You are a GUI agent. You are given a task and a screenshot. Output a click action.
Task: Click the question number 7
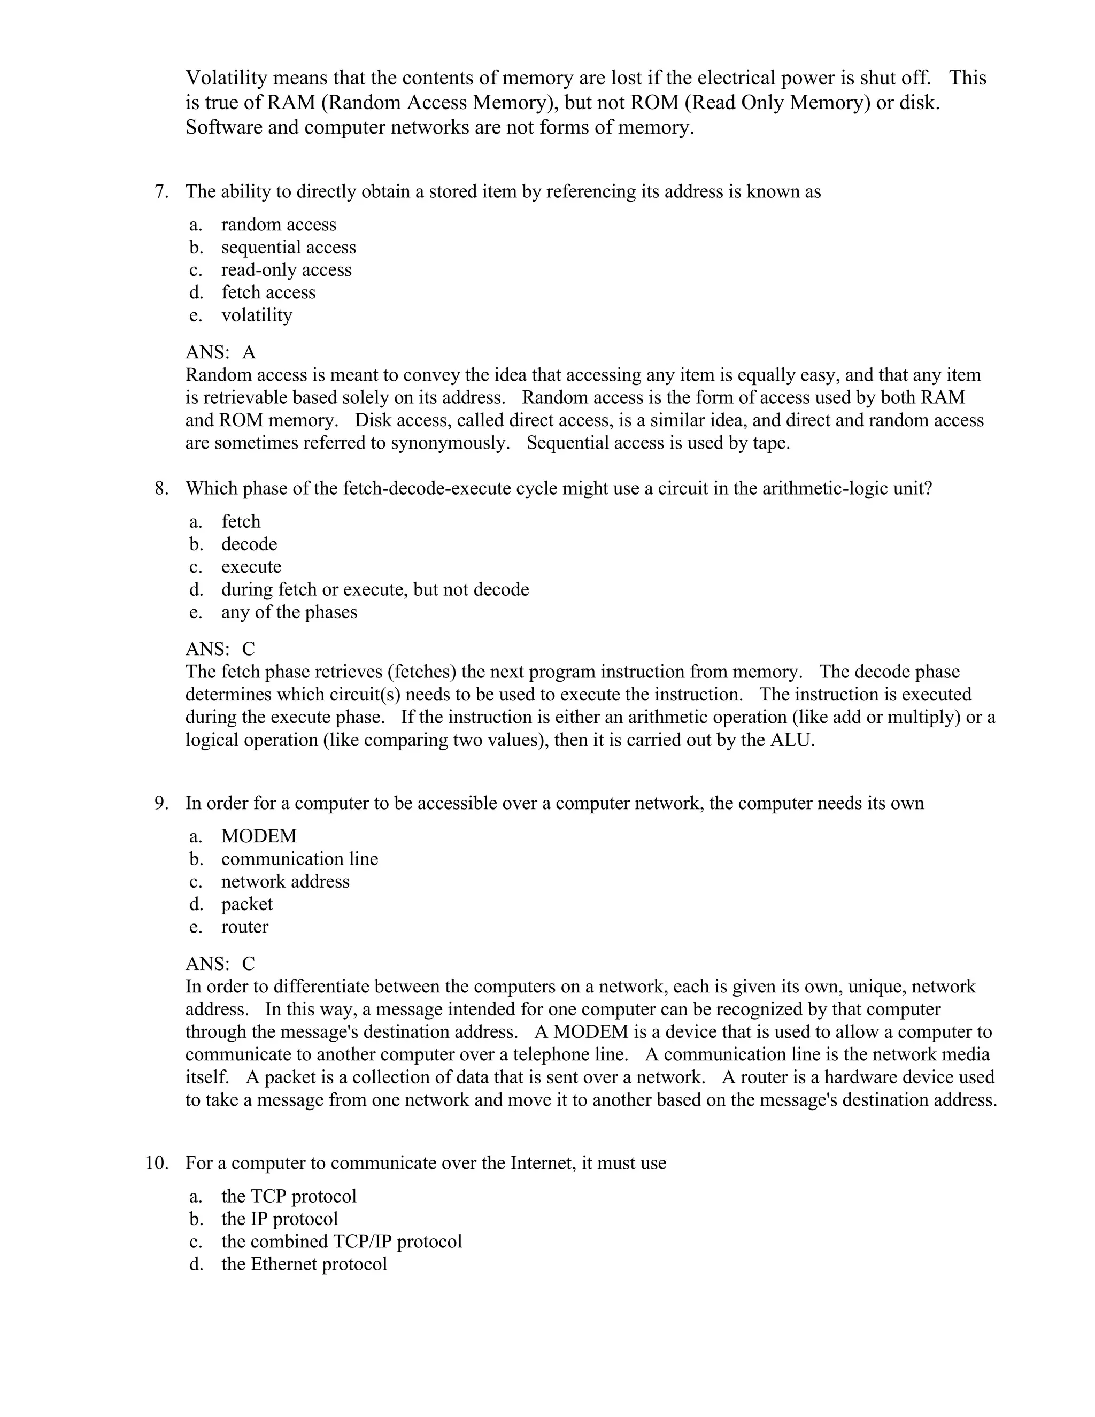[x=161, y=192]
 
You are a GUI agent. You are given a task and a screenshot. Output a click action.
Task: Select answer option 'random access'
[x=278, y=225]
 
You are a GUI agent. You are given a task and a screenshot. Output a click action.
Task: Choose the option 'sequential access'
[x=288, y=247]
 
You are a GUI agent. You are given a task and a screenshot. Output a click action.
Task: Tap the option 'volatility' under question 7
[x=256, y=315]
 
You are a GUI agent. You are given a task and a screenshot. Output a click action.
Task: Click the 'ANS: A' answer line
[x=221, y=352]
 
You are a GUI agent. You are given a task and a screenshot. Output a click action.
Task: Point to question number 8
[x=161, y=489]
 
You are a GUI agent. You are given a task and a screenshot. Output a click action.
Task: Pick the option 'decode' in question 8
[x=249, y=544]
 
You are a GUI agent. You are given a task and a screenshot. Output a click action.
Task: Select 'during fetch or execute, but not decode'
[x=374, y=589]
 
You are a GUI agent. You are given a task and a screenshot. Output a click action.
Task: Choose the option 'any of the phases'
[x=289, y=612]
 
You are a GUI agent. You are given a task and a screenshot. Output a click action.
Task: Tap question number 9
[x=161, y=803]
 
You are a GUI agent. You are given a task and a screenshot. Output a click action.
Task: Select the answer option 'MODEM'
[x=258, y=836]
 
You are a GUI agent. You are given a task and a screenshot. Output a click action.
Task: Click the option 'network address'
[x=285, y=881]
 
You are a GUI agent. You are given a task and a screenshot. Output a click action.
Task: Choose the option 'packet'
[x=246, y=904]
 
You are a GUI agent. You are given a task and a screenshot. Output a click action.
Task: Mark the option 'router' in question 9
[x=244, y=927]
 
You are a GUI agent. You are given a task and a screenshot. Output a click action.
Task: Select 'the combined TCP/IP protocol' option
[x=341, y=1241]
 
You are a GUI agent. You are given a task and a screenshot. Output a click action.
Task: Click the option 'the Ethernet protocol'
[x=304, y=1264]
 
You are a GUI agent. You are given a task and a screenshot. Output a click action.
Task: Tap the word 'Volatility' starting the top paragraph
[x=226, y=78]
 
